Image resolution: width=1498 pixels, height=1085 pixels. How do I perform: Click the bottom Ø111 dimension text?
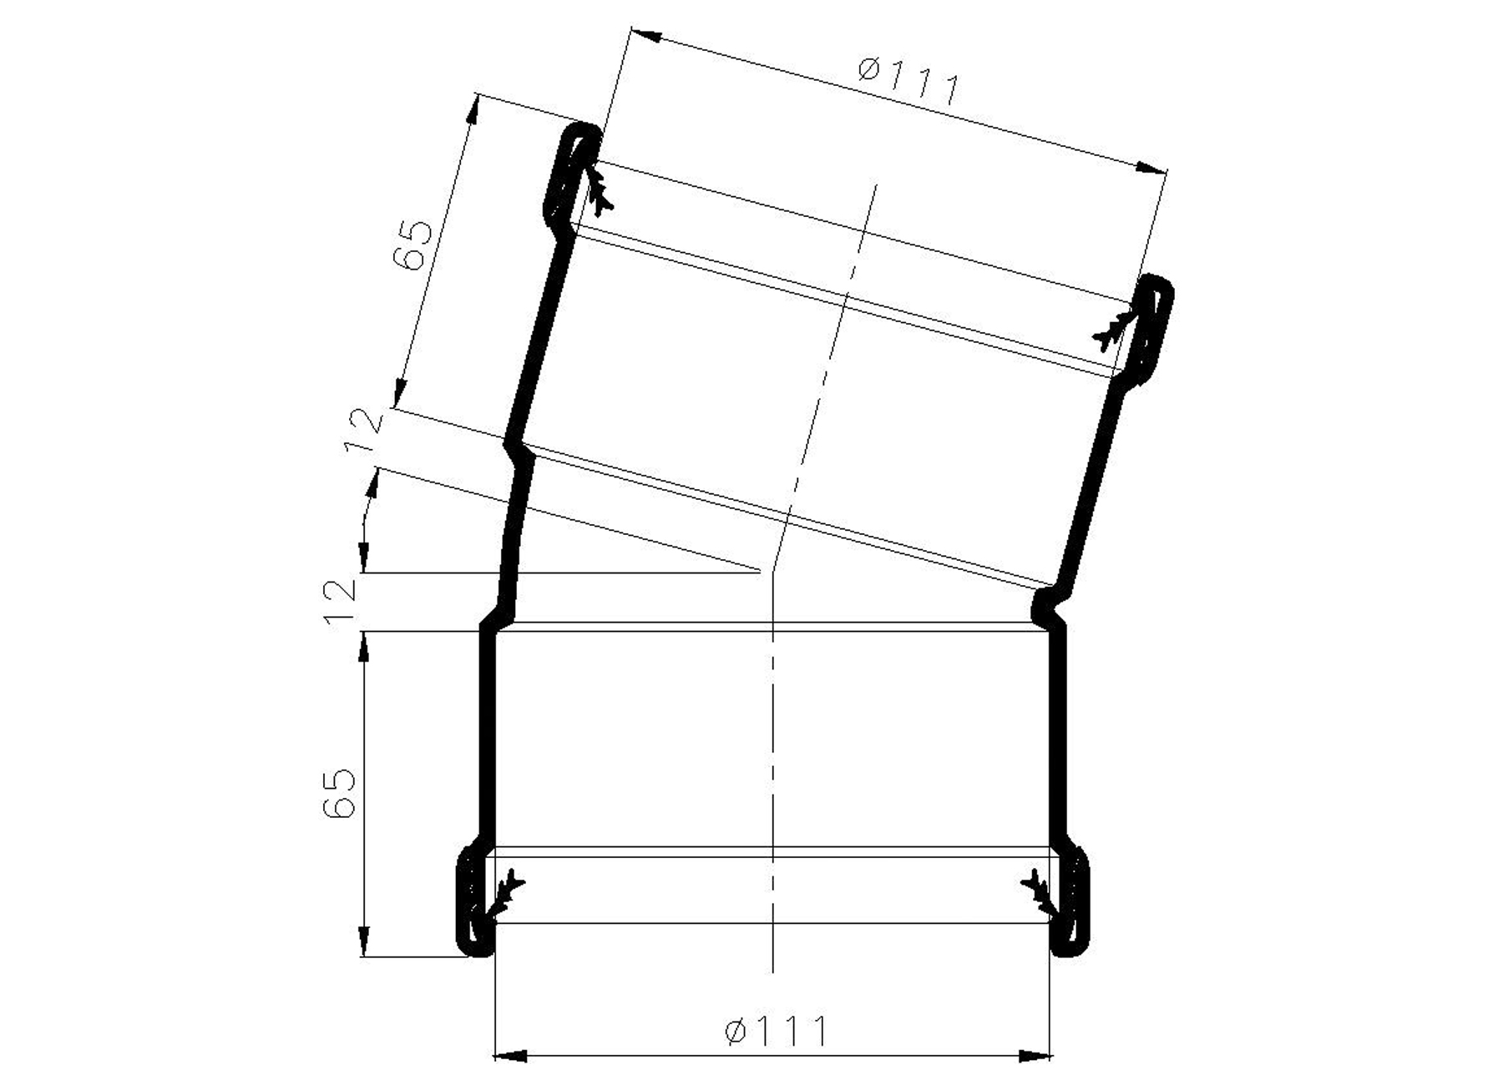(776, 1031)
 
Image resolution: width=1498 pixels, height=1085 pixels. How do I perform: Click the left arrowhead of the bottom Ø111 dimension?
(510, 1057)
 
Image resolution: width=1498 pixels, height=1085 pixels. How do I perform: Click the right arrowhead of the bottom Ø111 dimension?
(1035, 1057)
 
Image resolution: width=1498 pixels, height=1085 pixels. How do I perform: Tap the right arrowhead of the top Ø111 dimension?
(1151, 168)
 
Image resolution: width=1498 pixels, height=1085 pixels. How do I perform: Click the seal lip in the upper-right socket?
(1115, 329)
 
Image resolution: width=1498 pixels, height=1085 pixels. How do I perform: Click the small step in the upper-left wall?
(516, 447)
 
